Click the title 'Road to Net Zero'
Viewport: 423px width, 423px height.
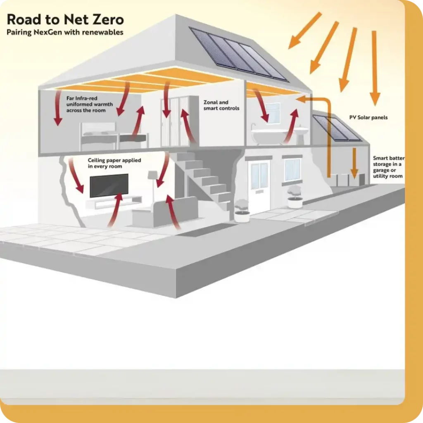click(65, 20)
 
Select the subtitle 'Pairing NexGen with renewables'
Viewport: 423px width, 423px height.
click(65, 32)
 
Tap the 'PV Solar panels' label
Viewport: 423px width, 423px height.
click(368, 118)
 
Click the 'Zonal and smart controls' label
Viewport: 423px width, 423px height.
click(221, 105)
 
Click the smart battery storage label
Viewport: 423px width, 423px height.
click(388, 167)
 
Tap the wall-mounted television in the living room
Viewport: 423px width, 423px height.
click(109, 185)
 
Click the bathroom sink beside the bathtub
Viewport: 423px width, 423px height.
click(302, 132)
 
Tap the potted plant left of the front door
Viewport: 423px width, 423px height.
click(242, 211)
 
